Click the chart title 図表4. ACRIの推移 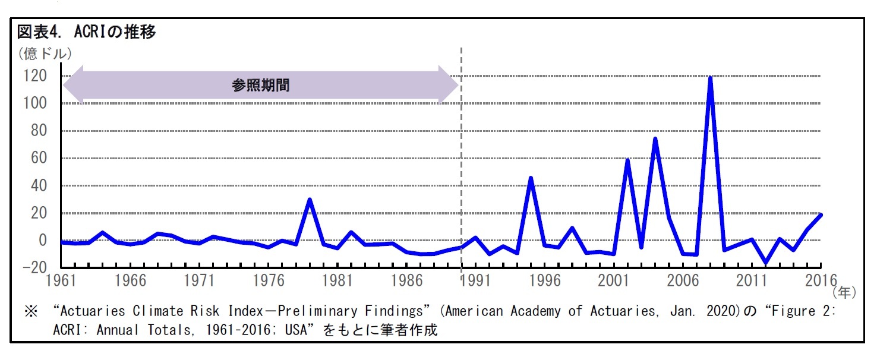(x=86, y=32)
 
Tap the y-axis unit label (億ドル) (x=44, y=54)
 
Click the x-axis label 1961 (x=61, y=280)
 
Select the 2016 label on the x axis (x=821, y=280)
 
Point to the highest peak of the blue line (x=710, y=78)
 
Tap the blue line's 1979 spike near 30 (x=310, y=200)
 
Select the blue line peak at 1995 (x=531, y=178)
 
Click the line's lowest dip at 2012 (x=765, y=262)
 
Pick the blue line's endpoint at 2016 (x=821, y=215)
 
